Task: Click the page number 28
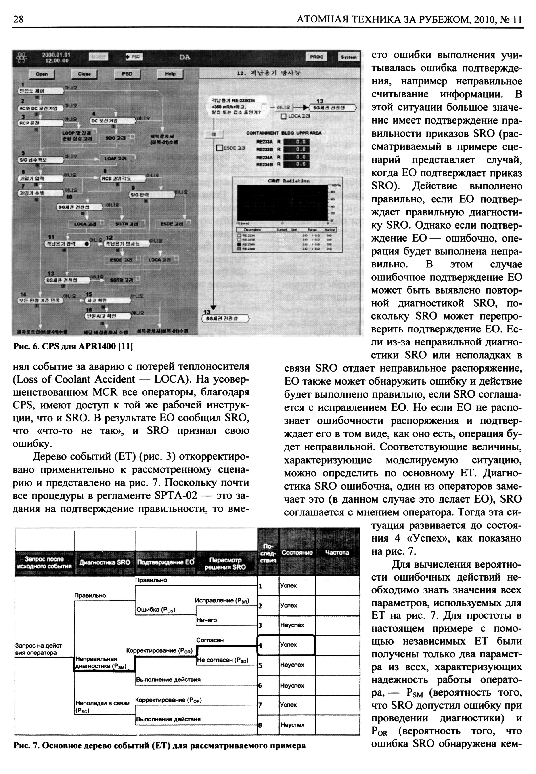pos(19,19)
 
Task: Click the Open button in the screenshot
pos(41,74)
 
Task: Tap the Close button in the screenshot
pos(84,74)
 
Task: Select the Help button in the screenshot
pos(170,74)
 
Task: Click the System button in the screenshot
pos(348,57)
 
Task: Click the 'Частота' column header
pos(337,553)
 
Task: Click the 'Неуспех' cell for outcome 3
pos(292,625)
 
